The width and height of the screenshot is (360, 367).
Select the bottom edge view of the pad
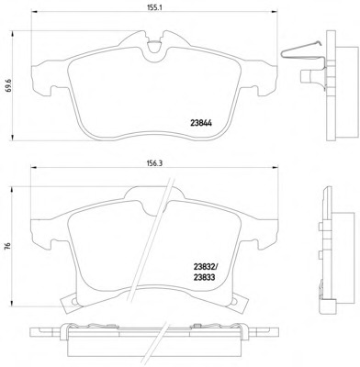click(152, 340)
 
